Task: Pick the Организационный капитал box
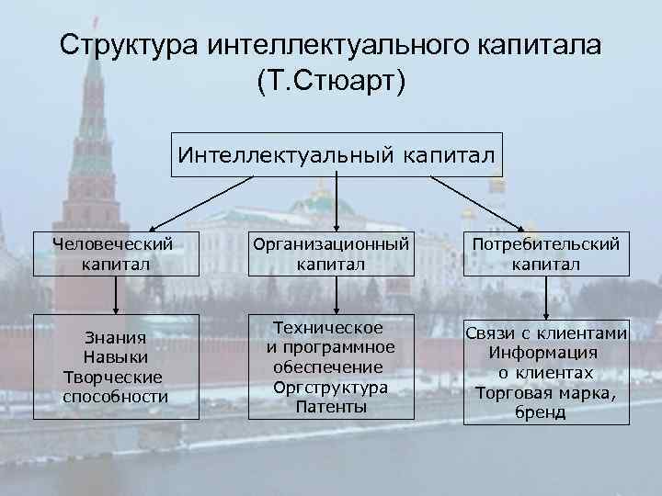click(x=331, y=254)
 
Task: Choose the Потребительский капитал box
click(x=546, y=254)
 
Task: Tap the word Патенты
click(x=331, y=405)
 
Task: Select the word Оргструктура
click(x=331, y=388)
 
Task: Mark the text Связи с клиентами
click(x=546, y=333)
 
